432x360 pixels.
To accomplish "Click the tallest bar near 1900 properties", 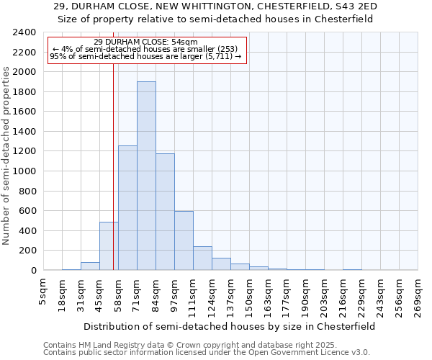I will pyautogui.click(x=146, y=176).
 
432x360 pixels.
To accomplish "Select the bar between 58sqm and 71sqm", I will pyautogui.click(x=127, y=208).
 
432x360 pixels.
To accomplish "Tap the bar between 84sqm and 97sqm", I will pyautogui.click(x=165, y=212).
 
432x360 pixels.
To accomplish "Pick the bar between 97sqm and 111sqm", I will pyautogui.click(x=184, y=240).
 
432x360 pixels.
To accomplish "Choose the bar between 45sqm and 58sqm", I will pyautogui.click(x=109, y=246).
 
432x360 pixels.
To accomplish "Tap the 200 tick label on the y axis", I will pyautogui.click(x=28, y=251).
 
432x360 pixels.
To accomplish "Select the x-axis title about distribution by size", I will pyautogui.click(x=229, y=326).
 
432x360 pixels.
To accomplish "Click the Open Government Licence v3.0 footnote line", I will pyautogui.click(x=207, y=353).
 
